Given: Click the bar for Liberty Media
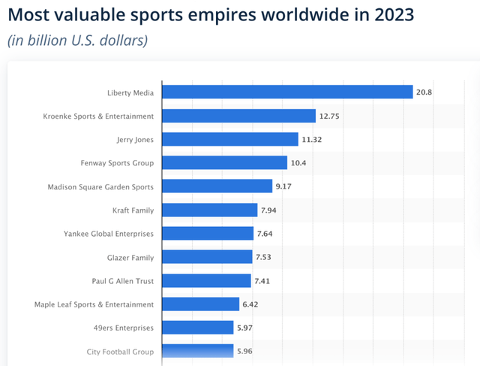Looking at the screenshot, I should coord(287,92).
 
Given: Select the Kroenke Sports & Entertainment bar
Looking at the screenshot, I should coord(238,116).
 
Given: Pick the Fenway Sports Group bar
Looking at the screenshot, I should coord(224,162).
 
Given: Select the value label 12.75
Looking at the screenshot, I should coord(329,116).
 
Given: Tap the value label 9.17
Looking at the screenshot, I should coord(285,186).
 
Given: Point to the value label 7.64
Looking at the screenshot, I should coord(266,234).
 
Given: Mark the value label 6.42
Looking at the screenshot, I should coord(252,304).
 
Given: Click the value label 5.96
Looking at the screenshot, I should coord(246,351).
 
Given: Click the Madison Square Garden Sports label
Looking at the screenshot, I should coord(100,186).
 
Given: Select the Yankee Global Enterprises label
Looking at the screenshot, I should coord(109,234).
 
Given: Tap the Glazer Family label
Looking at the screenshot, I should coord(130,257).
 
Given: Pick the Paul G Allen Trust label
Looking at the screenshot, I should coord(123,281).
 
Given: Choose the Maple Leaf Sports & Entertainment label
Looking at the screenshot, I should coord(94,304).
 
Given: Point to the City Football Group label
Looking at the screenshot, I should coord(119,351).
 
